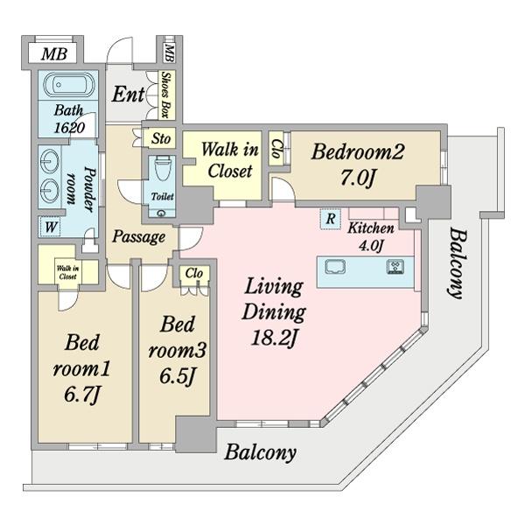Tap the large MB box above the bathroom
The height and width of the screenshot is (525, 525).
(x=55, y=54)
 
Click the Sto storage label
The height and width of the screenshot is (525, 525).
(x=160, y=138)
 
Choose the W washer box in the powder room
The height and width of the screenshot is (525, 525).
(x=51, y=227)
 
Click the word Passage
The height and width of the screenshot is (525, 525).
(x=138, y=237)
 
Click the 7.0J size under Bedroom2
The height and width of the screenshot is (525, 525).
(x=357, y=178)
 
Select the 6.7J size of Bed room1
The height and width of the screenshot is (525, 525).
(x=85, y=395)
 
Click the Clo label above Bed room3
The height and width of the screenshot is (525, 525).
(x=194, y=274)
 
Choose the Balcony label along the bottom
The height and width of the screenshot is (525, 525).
(x=260, y=452)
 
